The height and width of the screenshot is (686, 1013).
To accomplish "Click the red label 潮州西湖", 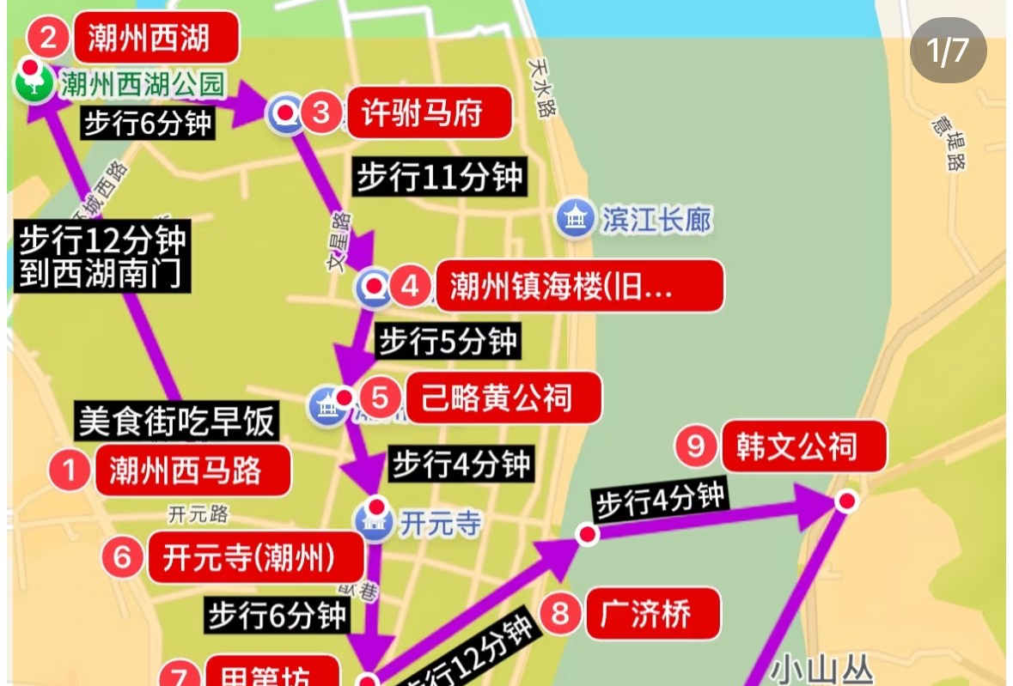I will (x=149, y=37).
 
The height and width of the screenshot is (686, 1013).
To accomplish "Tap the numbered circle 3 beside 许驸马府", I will (x=321, y=112).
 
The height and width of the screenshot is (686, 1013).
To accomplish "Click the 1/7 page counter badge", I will (x=948, y=51).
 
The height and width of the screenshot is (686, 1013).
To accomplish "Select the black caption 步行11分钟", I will (x=440, y=178).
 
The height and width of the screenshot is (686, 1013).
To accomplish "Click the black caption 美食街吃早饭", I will (x=177, y=421).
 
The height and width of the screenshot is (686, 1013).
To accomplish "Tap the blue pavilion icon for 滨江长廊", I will (x=574, y=219).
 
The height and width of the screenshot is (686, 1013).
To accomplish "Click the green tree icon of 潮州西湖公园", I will (x=32, y=83).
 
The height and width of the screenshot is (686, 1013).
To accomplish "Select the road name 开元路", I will (x=198, y=514).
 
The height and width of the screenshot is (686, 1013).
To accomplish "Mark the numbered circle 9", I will (x=696, y=446).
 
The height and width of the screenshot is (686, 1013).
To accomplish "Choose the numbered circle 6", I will (x=122, y=558).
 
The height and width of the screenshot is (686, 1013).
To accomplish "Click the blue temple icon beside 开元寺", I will (x=375, y=524).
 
